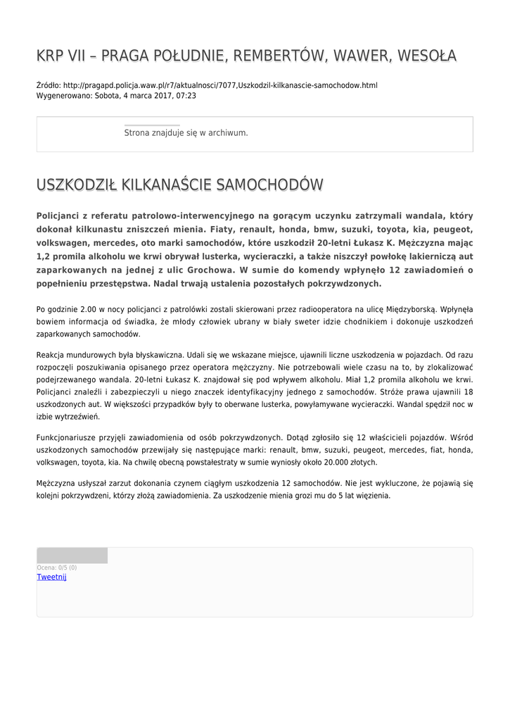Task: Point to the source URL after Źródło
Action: [220, 85]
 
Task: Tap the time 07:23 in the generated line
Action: [186, 96]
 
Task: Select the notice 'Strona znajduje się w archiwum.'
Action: [186, 132]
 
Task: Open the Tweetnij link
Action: [51, 577]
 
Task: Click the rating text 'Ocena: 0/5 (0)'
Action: [57, 568]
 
